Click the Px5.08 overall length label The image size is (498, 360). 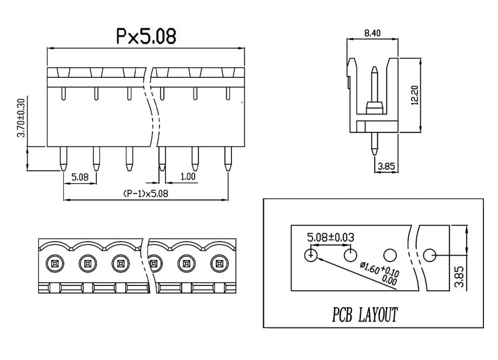coord(146,36)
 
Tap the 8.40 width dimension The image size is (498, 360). coord(372,33)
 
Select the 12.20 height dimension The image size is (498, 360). coord(415,95)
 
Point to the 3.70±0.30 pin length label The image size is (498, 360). coord(21,118)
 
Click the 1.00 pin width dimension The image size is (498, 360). coord(188,177)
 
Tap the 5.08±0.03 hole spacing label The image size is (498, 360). coord(330,237)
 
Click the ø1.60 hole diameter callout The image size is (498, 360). coord(380,273)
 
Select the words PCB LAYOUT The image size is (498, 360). coord(365,315)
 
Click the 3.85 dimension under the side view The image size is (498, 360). coord(386,166)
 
